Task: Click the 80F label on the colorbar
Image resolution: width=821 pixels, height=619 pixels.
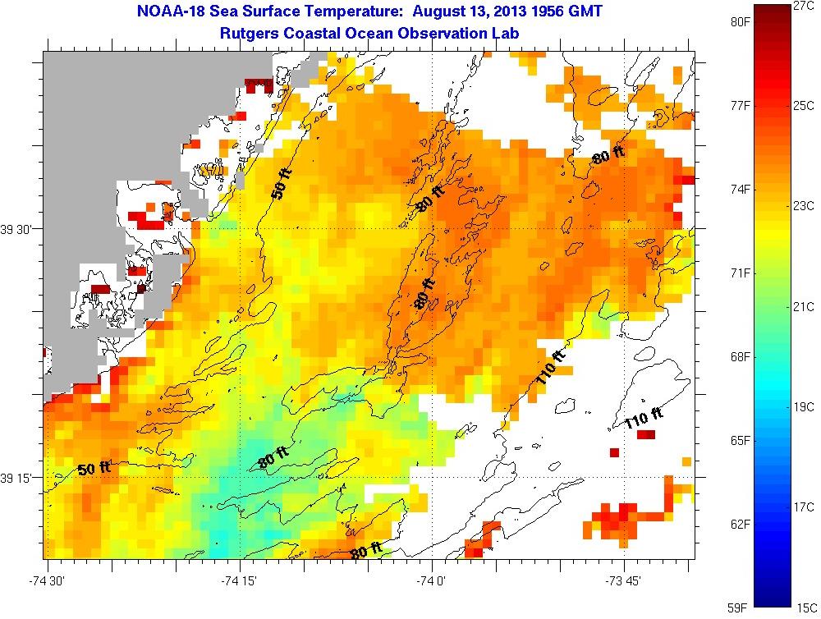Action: pos(741,22)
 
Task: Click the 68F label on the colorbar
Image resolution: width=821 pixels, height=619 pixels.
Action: pos(741,356)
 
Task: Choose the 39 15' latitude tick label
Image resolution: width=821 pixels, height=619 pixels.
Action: pos(17,478)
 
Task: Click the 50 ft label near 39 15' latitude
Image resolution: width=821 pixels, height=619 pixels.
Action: pos(94,469)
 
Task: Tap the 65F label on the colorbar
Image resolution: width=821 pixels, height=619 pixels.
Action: pos(741,440)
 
